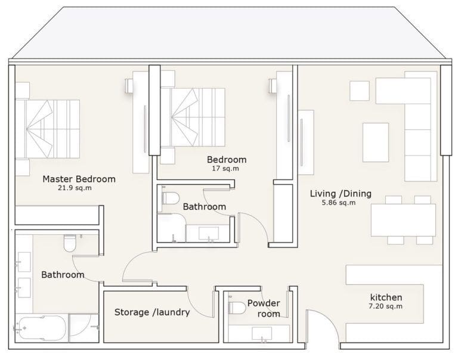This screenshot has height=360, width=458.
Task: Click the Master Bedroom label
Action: pos(79,179)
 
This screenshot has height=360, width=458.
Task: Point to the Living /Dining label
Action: pos(341,193)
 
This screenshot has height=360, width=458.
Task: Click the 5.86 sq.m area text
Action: pos(339,203)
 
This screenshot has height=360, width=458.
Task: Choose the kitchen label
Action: pos(386,297)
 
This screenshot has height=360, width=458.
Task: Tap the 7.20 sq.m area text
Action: pos(386,306)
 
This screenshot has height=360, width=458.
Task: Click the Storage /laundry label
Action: pos(151,312)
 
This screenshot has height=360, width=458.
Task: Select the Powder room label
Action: pos(264,308)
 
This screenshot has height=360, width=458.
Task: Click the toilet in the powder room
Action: pos(237,308)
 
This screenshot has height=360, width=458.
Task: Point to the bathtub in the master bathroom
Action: pos(41,328)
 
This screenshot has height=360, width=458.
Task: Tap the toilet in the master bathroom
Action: pos(69,243)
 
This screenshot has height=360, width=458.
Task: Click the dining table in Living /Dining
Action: pos(403,221)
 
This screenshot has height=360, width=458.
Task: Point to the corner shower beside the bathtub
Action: pos(83,328)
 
